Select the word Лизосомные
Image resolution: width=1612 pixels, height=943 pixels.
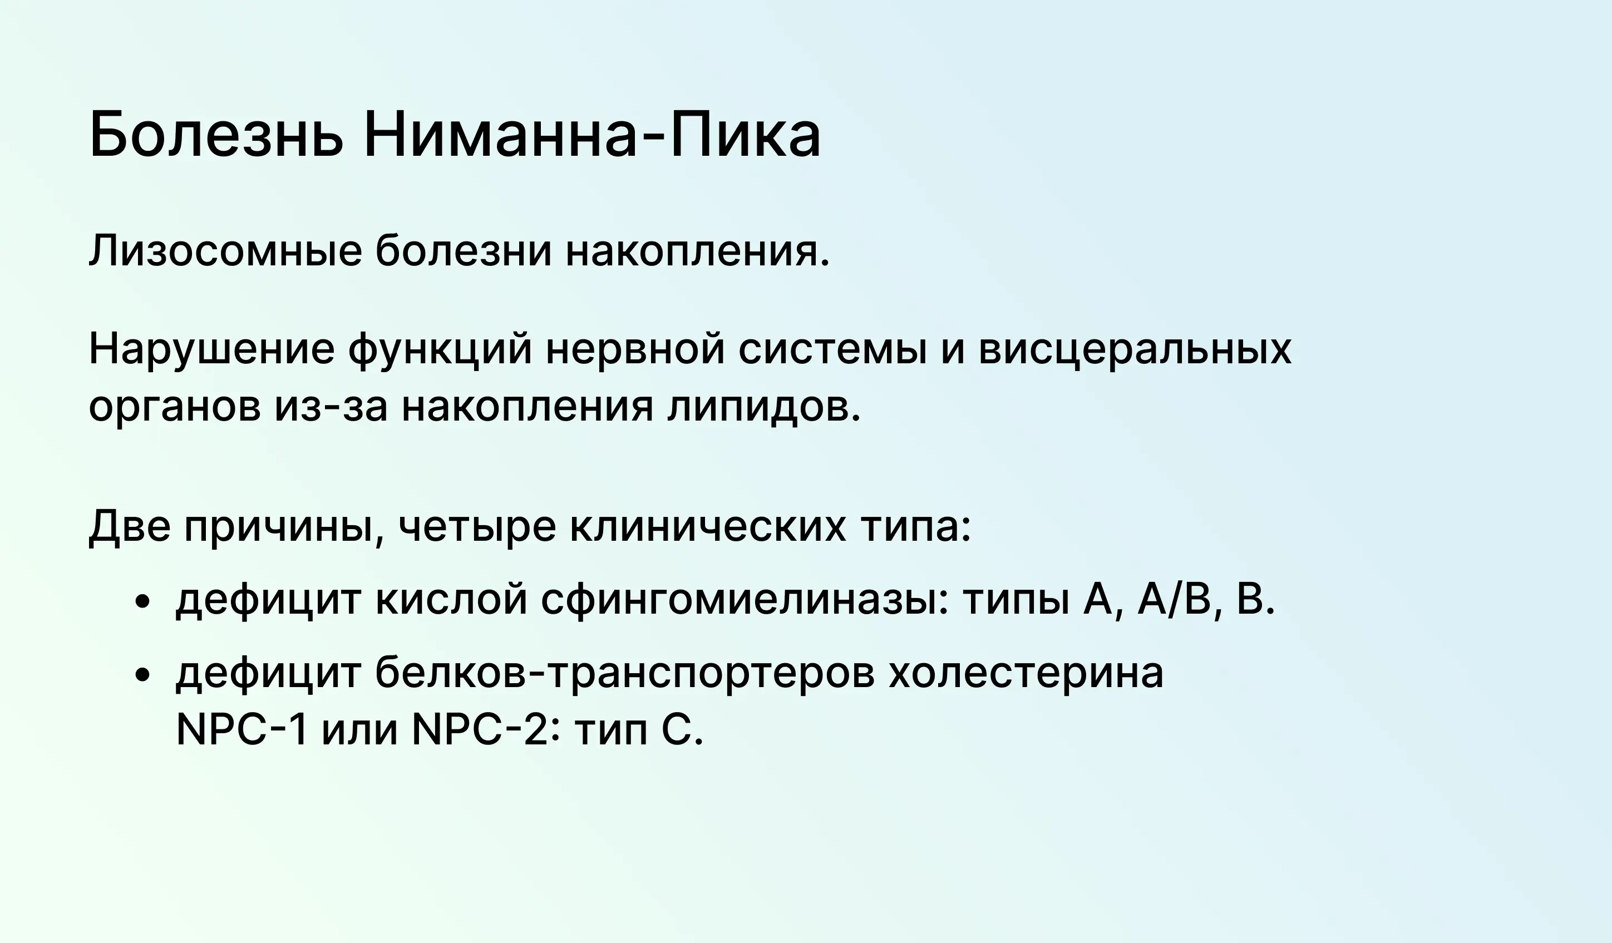[x=225, y=251]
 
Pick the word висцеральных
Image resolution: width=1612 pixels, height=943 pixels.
[x=1135, y=350]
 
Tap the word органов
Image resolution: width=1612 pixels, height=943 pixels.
[x=175, y=408]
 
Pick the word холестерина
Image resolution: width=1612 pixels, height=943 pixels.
[x=1026, y=674]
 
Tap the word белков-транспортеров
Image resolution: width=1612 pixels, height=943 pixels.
[x=624, y=673]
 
